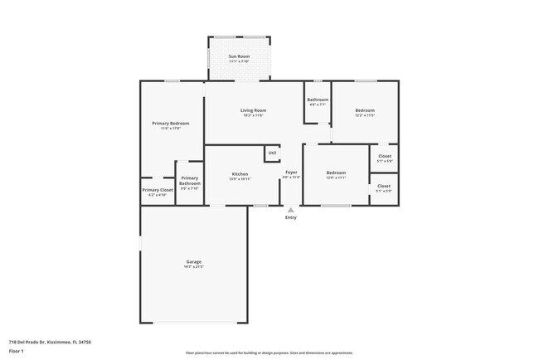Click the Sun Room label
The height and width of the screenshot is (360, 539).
click(x=239, y=56)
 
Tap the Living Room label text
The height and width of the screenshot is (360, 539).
click(x=253, y=110)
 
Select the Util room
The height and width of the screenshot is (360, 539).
click(x=272, y=153)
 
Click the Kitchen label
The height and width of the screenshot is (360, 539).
click(x=240, y=174)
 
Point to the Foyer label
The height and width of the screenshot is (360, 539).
click(x=291, y=173)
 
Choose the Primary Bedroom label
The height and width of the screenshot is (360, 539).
click(x=170, y=124)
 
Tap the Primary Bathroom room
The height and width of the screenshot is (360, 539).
click(x=189, y=183)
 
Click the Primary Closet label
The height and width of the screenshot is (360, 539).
click(x=157, y=190)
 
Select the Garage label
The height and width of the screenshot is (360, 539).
click(x=193, y=262)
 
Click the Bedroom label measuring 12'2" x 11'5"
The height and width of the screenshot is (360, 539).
click(x=365, y=110)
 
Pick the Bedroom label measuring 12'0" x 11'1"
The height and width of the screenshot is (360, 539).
click(x=335, y=173)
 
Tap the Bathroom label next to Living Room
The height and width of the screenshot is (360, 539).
click(x=318, y=100)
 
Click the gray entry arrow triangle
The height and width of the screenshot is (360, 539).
click(x=290, y=210)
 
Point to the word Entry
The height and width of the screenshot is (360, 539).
click(x=290, y=217)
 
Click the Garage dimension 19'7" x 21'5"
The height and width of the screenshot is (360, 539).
click(x=193, y=267)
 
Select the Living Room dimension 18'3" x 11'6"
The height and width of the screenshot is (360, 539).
click(x=253, y=115)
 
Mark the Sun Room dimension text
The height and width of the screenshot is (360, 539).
click(x=239, y=61)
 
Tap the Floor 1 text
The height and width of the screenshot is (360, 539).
click(x=17, y=350)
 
